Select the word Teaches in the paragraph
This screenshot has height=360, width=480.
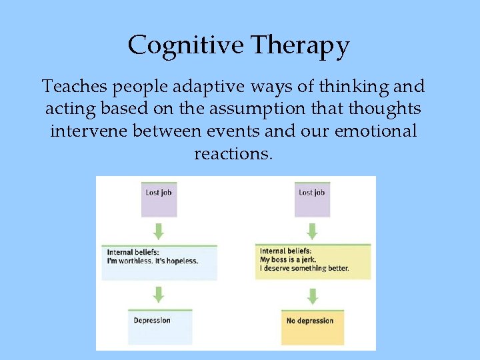click(x=71, y=86)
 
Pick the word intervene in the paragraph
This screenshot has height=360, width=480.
click(x=89, y=131)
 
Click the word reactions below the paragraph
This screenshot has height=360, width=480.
click(x=233, y=153)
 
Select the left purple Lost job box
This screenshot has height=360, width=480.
click(x=159, y=198)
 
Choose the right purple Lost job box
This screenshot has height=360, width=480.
click(x=312, y=198)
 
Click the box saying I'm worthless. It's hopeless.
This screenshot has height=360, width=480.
click(x=159, y=262)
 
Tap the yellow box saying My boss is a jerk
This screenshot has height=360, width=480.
click(x=312, y=262)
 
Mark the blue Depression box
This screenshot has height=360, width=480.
click(x=159, y=327)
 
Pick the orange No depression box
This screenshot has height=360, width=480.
click(x=312, y=327)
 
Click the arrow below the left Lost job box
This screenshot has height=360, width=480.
click(x=159, y=231)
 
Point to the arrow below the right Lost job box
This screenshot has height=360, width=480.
click(x=312, y=231)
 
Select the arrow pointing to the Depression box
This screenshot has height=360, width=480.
click(x=159, y=294)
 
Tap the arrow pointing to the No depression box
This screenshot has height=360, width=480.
click(x=312, y=294)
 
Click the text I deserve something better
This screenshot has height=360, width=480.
click(x=304, y=269)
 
